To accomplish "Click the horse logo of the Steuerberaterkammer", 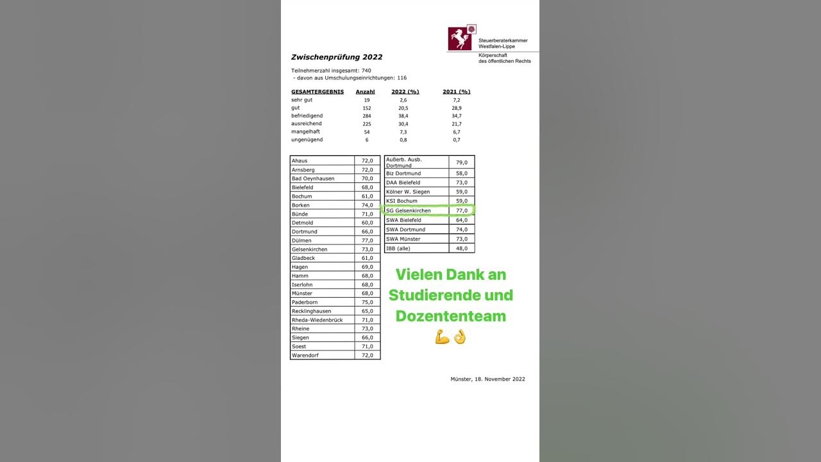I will coord(459,38).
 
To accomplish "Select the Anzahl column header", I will coord(365,92).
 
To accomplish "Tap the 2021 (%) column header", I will coord(456,92).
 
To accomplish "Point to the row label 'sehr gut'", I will coord(301,100).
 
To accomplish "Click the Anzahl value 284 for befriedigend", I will coord(366,116).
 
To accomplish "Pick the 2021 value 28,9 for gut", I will coord(456,108).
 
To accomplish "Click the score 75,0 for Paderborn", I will coord(367,302).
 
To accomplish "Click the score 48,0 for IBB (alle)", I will coord(461,248).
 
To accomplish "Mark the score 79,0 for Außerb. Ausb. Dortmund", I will coord(461,162).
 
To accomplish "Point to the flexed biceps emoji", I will coord(442,337).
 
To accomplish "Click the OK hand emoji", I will coord(459,337).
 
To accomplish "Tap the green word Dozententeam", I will coord(450,316).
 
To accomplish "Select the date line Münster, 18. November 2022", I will coord(487,379).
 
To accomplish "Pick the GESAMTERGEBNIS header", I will coord(317,92).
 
